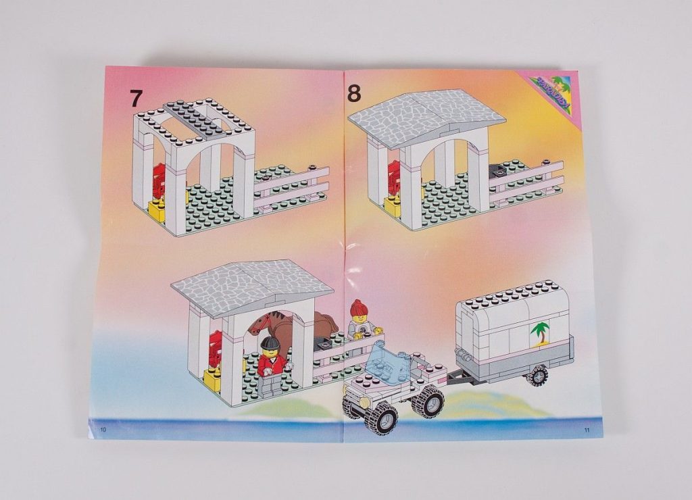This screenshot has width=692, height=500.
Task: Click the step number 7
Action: tap(137, 98)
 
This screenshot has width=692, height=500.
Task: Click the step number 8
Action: tap(355, 93)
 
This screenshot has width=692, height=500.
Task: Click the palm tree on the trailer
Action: tap(540, 332)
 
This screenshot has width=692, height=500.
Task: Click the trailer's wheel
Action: tap(537, 376)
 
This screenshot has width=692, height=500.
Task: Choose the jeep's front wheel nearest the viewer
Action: tap(380, 419)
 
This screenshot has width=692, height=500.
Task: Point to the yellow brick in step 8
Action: tap(393, 206)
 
